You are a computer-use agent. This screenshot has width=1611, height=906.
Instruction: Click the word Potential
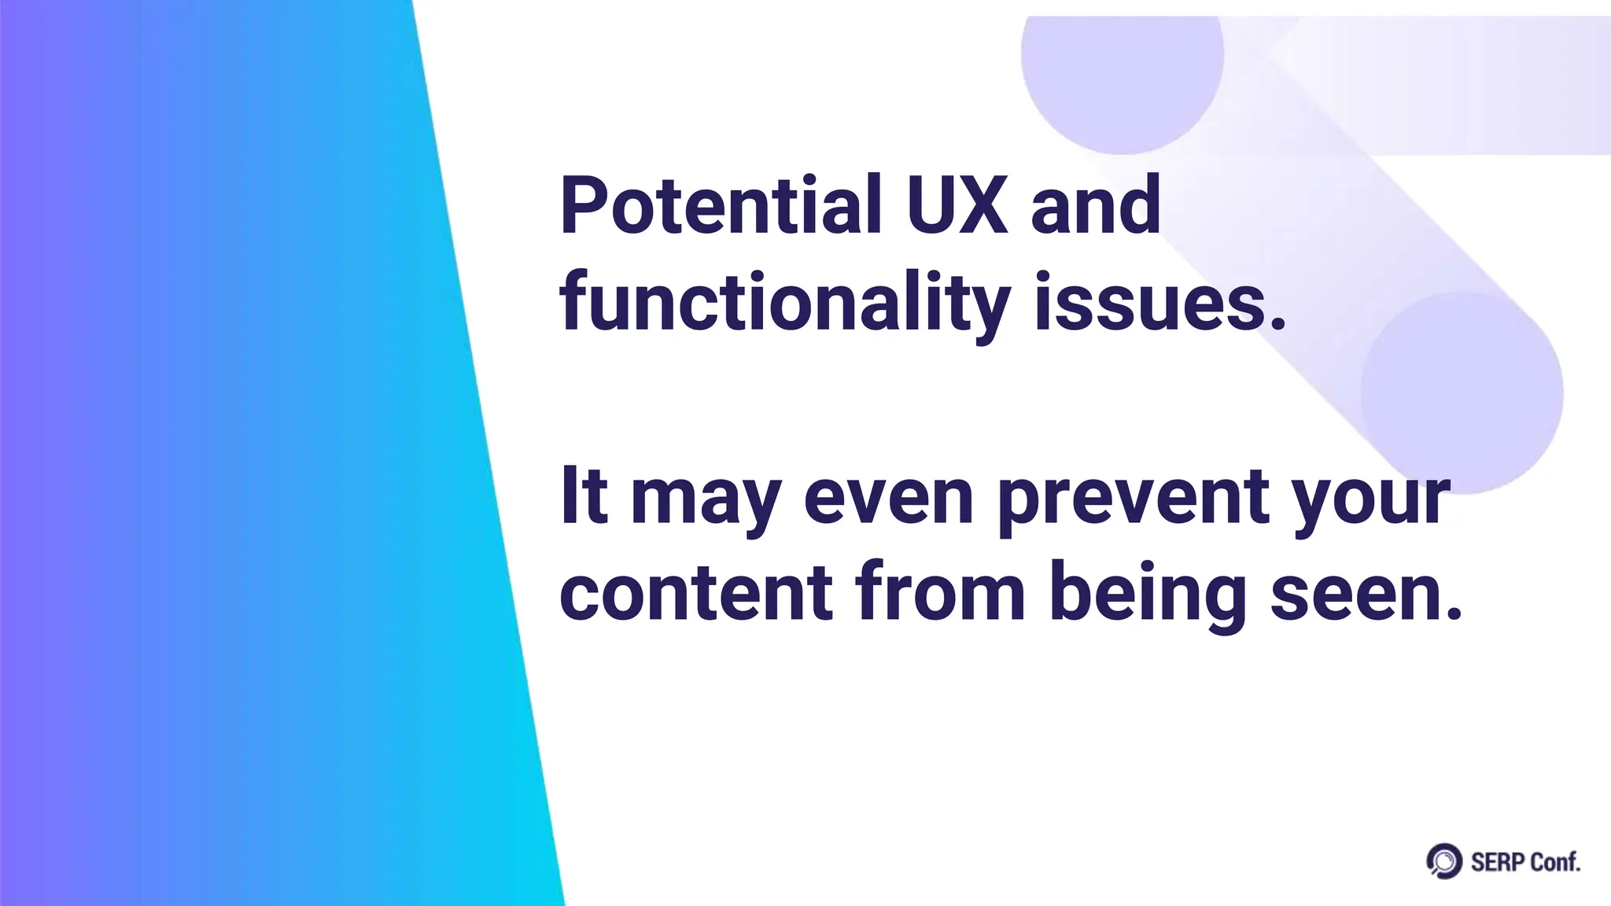[x=720, y=206]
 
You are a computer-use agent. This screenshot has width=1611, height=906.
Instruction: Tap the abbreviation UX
[x=956, y=206]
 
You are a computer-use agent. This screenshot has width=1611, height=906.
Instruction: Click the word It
[x=584, y=497]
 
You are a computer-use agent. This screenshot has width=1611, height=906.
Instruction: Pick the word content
[x=696, y=593]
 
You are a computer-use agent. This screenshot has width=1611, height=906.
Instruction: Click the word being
[x=1148, y=595]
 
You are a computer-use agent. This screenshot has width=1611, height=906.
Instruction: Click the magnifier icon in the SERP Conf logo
[x=1443, y=861]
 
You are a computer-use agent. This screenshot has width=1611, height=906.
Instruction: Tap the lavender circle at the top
[x=1122, y=63]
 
